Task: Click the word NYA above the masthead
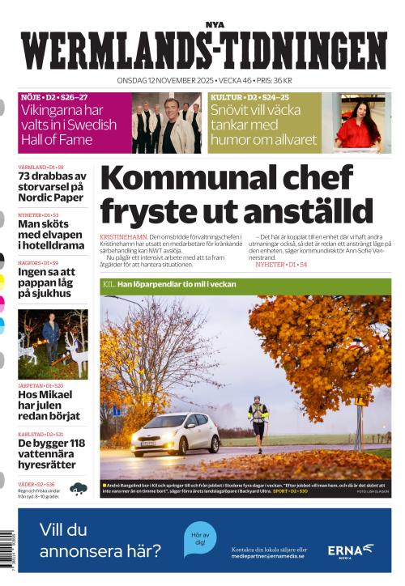[213, 24]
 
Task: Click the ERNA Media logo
[350, 550]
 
